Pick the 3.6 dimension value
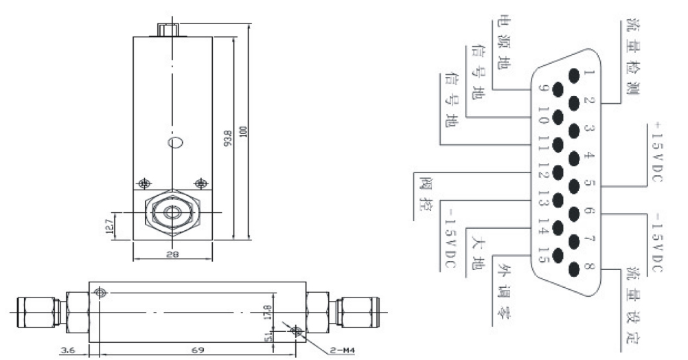pos(67,350)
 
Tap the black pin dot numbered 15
pos(557,258)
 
